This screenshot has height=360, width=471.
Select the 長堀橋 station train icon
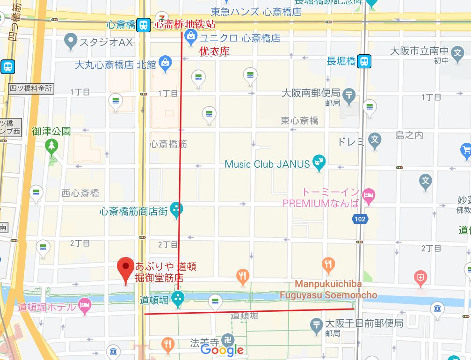click(x=364, y=61)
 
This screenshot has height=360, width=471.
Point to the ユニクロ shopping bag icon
click(x=190, y=36)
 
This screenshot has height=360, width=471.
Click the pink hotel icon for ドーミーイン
click(x=369, y=197)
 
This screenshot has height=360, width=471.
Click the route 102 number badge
click(x=360, y=219)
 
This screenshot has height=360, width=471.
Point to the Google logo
click(x=222, y=349)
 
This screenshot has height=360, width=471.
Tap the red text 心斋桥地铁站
click(x=185, y=25)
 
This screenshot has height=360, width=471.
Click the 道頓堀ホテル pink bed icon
click(x=85, y=305)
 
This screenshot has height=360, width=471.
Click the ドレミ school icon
click(x=374, y=140)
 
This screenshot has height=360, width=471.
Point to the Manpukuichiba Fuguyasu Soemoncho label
click(x=328, y=290)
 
